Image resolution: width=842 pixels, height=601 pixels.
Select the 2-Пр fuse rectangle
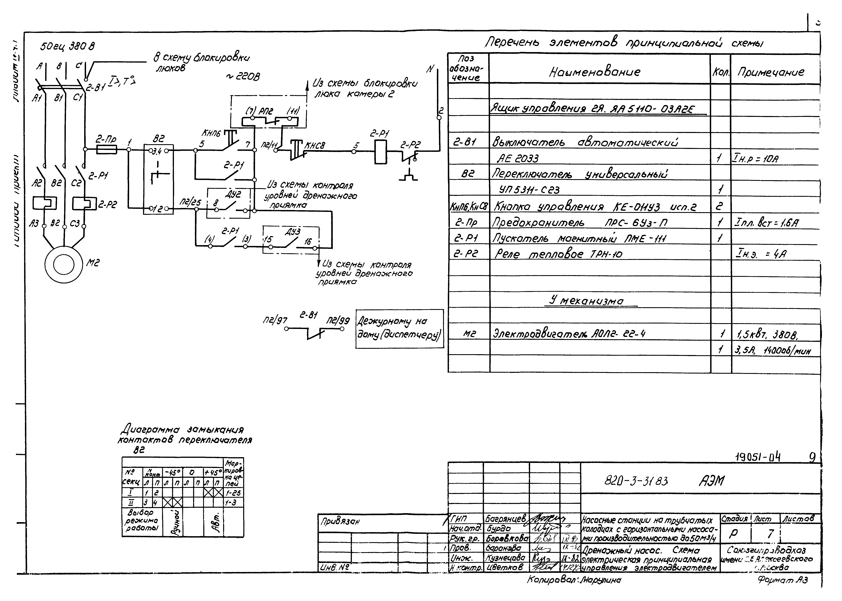[x=107, y=149]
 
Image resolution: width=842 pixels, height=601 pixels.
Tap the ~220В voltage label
[x=242, y=77]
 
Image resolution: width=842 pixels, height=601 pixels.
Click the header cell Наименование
[x=595, y=71]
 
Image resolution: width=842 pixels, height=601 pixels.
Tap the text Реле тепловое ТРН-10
[x=558, y=254]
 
